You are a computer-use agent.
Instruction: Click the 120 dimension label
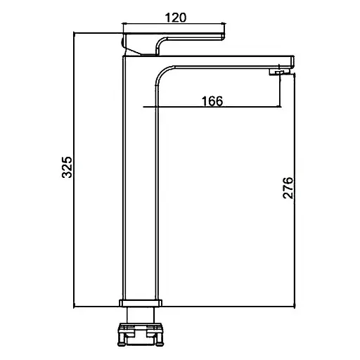pyautogui.click(x=176, y=18)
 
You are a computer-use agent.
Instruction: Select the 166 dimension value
pyautogui.click(x=212, y=101)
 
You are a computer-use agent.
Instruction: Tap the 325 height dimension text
pyautogui.click(x=67, y=167)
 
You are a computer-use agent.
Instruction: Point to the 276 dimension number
pyautogui.click(x=288, y=188)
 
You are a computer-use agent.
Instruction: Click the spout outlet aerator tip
pyautogui.click(x=279, y=72)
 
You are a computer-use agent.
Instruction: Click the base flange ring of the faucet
pyautogui.click(x=141, y=303)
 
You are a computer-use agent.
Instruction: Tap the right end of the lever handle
pyautogui.click(x=223, y=37)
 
